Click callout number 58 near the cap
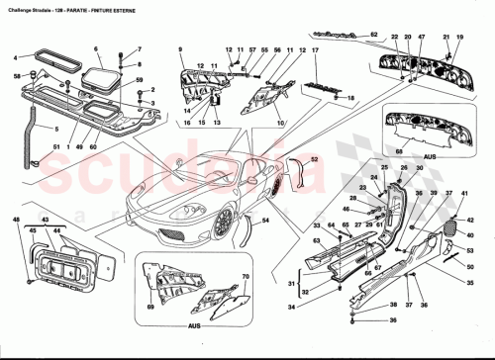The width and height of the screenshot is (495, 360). point(18,76)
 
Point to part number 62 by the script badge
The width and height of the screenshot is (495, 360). point(375,36)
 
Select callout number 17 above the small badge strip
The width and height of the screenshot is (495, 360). point(316,49)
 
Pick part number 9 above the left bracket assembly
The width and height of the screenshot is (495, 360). point(181,49)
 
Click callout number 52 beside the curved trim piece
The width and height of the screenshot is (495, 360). point(314,159)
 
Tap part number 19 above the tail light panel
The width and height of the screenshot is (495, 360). point(458,38)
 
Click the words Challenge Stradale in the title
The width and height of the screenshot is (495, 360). point(30,7)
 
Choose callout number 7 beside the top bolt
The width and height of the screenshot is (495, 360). point(139,49)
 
